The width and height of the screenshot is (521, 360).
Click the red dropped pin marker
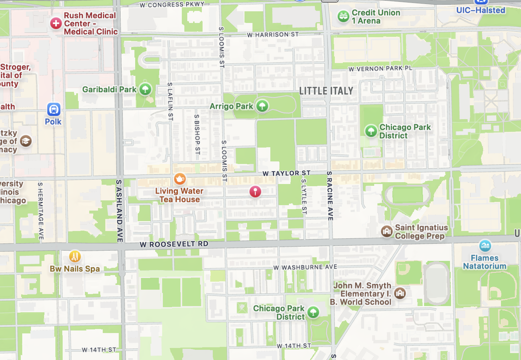pyautogui.click(x=255, y=191)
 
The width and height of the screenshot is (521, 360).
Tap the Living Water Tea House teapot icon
pyautogui.click(x=180, y=179)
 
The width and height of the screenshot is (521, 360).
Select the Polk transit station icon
pyautogui.click(x=54, y=109)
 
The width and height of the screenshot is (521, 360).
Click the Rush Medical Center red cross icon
pyautogui.click(x=56, y=23)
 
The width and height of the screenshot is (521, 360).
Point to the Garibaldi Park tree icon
pyautogui.click(x=145, y=89)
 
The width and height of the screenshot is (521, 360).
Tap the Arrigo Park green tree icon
pyautogui.click(x=262, y=106)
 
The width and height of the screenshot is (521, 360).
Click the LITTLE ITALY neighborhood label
pyautogui.click(x=326, y=91)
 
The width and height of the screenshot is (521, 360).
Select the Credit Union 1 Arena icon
pyautogui.click(x=343, y=16)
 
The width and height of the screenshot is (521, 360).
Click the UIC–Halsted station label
pyautogui.click(x=481, y=10)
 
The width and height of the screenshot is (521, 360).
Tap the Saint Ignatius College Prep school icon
pyautogui.click(x=387, y=231)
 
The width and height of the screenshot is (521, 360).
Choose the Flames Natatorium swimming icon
pyautogui.click(x=485, y=246)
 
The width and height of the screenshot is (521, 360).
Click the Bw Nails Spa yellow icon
pyautogui.click(x=75, y=257)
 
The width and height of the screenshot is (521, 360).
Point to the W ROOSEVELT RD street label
pyautogui.click(x=174, y=244)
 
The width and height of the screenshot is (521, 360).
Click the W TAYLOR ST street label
pyautogui.click(x=286, y=173)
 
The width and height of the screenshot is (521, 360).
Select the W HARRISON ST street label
pyautogui.click(x=273, y=35)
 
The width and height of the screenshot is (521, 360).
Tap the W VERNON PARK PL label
pyautogui.click(x=380, y=69)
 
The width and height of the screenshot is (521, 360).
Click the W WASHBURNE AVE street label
pyautogui.click(x=305, y=267)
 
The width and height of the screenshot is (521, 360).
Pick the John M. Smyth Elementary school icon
pyautogui.click(x=400, y=293)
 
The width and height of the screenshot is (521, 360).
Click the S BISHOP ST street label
pyautogui.click(x=197, y=134)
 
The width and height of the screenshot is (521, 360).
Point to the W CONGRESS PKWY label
pyautogui.click(x=172, y=4)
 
